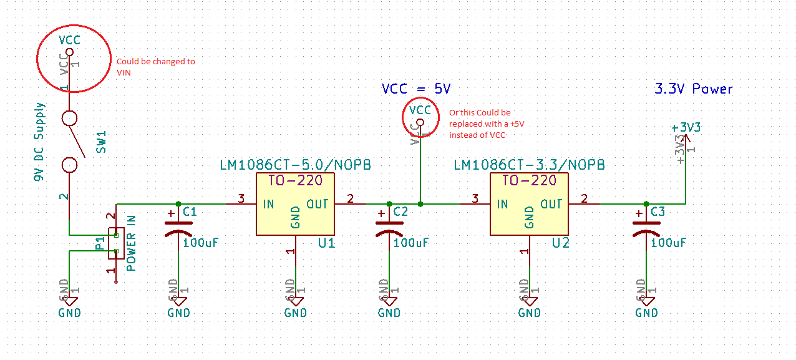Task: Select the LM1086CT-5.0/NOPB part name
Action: coord(295,165)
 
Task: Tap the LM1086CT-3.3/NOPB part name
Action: coord(529,165)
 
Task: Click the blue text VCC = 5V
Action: coord(416,89)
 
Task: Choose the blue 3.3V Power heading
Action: coord(693,89)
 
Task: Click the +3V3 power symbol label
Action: coord(686,127)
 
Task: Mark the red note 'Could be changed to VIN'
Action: coord(155,67)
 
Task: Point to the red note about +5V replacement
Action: coord(487,124)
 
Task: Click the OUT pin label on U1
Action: coord(318,204)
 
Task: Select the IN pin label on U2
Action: coord(503,204)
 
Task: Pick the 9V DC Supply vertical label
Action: coord(40,142)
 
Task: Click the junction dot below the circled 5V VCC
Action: coord(420,204)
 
